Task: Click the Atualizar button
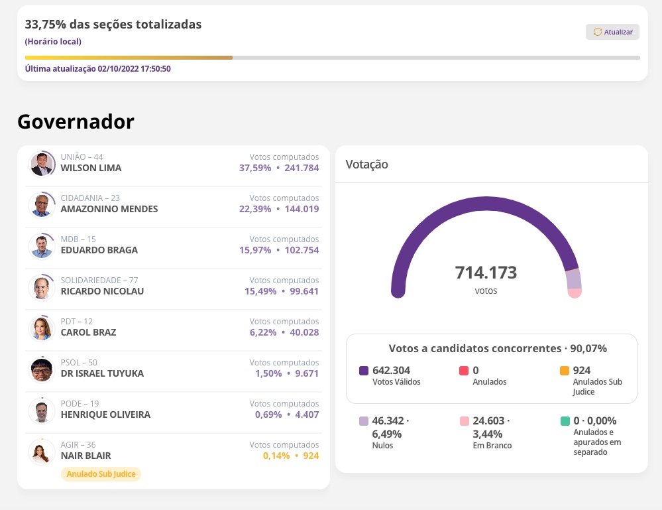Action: pyautogui.click(x=612, y=32)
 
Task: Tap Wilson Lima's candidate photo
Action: pyautogui.click(x=42, y=164)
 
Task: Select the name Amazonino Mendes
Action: pyautogui.click(x=109, y=209)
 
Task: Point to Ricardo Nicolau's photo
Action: pyautogui.click(x=42, y=287)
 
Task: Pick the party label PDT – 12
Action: pyautogui.click(x=77, y=322)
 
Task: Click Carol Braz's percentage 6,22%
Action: pyautogui.click(x=263, y=332)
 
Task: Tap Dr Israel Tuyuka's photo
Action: pyautogui.click(x=42, y=369)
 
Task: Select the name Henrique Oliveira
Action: pyautogui.click(x=105, y=414)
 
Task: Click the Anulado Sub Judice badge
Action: pyautogui.click(x=101, y=474)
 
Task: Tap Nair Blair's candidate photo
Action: pyautogui.click(x=42, y=452)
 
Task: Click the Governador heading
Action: pyautogui.click(x=76, y=121)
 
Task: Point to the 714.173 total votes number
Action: pyautogui.click(x=486, y=273)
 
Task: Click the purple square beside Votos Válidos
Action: pyautogui.click(x=364, y=371)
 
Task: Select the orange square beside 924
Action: pyautogui.click(x=565, y=371)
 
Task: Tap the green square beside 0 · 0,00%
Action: pyautogui.click(x=565, y=421)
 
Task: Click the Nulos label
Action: pyautogui.click(x=382, y=446)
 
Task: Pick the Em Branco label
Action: pyautogui.click(x=492, y=446)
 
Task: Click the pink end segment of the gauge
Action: pyautogui.click(x=575, y=292)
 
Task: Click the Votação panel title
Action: pyautogui.click(x=366, y=164)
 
